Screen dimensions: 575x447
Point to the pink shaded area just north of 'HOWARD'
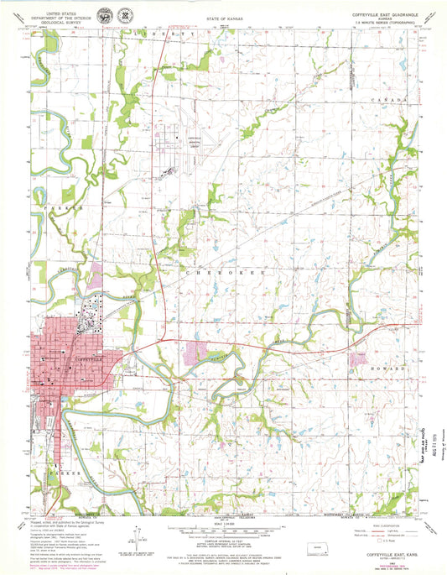[361, 358]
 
